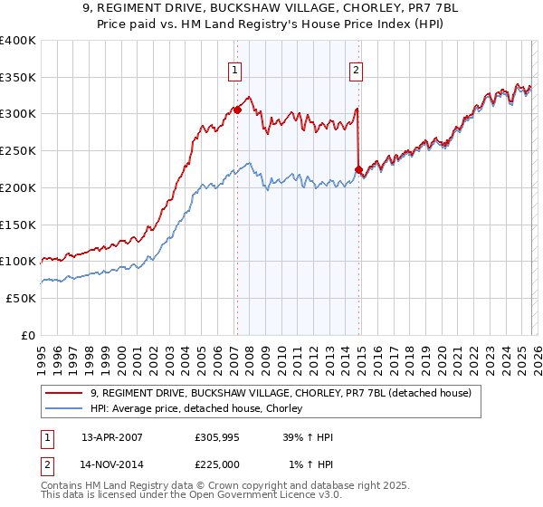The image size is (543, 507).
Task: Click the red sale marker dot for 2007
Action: coord(237,110)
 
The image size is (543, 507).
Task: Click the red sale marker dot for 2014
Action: coord(358,169)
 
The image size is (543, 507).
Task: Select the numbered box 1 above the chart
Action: coord(235,69)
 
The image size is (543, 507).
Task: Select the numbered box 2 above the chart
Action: coord(357,69)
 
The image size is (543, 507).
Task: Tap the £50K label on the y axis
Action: coord(21,298)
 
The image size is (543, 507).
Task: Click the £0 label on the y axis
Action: coord(28,335)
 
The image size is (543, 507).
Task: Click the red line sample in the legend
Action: coord(64,394)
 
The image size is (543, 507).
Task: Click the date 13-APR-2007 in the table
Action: coord(112,436)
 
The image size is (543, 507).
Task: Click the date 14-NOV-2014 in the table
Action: coord(112,465)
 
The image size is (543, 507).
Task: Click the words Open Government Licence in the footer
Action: coord(247,497)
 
